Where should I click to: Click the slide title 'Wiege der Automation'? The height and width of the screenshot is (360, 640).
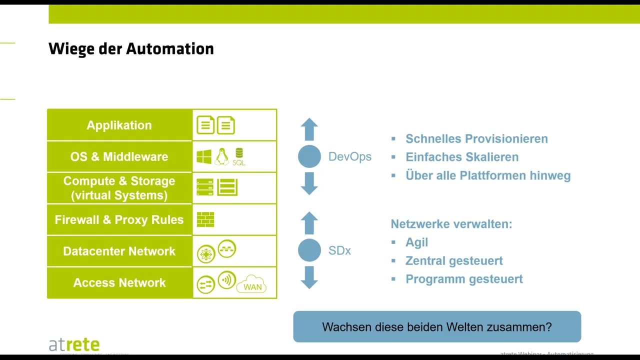[131, 49]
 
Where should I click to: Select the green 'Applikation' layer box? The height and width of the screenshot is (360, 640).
[119, 125]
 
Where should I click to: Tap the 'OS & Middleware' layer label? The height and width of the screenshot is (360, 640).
[119, 156]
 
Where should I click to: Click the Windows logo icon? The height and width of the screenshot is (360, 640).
[204, 157]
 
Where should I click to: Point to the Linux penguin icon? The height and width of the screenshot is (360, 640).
[221, 156]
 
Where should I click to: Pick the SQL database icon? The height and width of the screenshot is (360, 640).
[239, 156]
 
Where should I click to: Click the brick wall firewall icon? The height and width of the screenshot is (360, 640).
[205, 219]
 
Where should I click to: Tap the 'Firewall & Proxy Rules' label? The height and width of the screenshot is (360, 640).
[119, 219]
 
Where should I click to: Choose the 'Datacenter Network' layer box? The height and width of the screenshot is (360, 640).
[119, 251]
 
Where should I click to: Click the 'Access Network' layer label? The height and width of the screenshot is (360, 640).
[119, 282]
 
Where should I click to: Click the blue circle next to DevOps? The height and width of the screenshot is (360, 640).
[309, 156]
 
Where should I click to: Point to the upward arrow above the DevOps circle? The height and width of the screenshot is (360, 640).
[309, 129]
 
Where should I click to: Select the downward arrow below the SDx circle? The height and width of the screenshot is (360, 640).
[309, 277]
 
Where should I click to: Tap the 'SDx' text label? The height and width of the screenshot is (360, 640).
[339, 250]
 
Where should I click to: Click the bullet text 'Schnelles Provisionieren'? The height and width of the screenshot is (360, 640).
[476, 138]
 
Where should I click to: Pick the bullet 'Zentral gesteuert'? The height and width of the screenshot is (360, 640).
[454, 260]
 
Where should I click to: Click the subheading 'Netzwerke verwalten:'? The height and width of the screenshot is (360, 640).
[451, 223]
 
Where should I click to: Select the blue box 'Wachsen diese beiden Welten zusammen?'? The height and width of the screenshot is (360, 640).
[437, 327]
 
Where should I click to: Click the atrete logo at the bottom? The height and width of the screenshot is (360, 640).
[74, 344]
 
